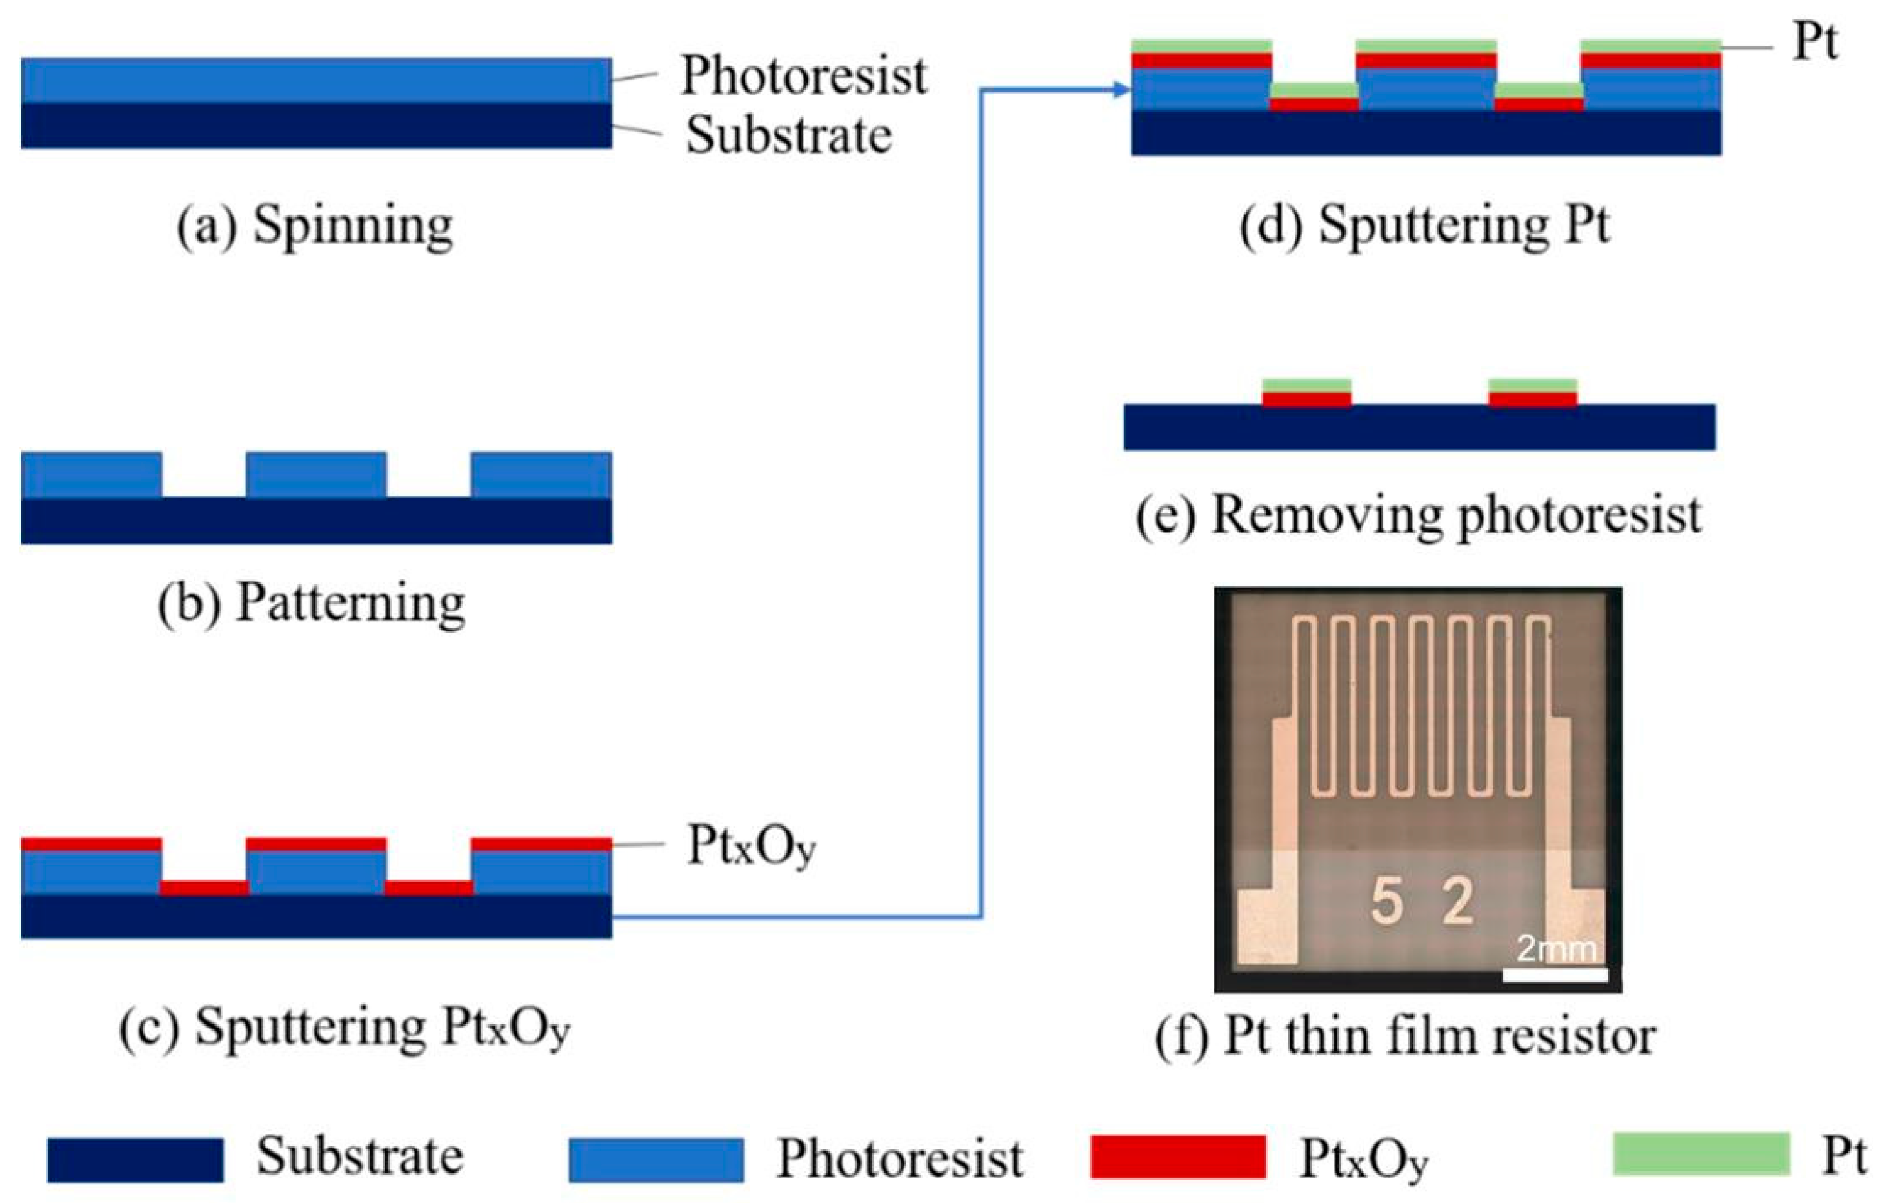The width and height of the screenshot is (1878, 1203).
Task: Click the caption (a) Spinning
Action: coord(314,226)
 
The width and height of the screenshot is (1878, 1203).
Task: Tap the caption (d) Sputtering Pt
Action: coord(1424,226)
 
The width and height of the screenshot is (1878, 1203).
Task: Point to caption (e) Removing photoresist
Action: coord(1418,516)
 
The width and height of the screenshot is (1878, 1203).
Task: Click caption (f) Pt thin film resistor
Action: coord(1405,1037)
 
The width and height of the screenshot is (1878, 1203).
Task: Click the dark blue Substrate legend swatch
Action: coord(135,1159)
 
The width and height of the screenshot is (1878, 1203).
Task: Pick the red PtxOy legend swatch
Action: coord(1178,1157)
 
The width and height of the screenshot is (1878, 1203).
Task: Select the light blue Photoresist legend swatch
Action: coord(656,1159)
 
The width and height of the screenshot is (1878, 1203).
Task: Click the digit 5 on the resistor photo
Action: coord(1386,902)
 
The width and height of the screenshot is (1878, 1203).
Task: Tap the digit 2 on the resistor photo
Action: coord(1458,902)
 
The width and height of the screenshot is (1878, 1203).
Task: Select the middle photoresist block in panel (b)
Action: coord(316,474)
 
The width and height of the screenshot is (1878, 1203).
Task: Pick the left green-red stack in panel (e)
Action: coord(1306,393)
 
